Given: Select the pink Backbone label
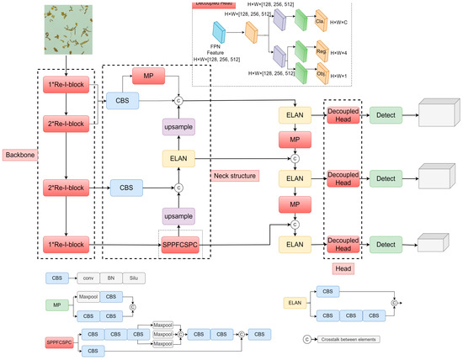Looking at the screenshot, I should pos(19,157).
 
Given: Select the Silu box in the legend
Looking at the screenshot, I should pos(136,278).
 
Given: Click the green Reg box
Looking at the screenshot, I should pos(321,50).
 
